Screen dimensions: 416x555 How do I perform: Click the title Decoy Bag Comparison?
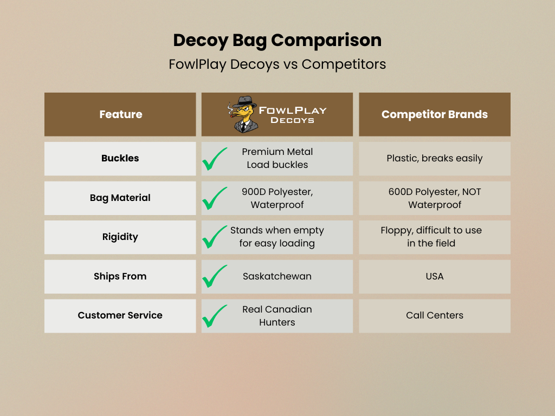pos(277,40)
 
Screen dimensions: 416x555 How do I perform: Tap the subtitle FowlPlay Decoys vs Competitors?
pos(277,64)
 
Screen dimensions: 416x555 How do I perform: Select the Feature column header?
pos(120,114)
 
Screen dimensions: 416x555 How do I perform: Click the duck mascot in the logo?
pos(242,114)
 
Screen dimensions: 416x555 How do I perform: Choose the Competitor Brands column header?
pos(434,114)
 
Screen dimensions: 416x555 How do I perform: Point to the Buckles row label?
pos(120,158)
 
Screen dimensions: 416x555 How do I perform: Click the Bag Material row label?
pos(120,198)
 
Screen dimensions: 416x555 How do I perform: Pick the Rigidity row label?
pos(120,237)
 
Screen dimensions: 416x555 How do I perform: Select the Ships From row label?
pos(120,276)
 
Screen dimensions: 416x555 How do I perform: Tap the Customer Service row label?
pos(120,315)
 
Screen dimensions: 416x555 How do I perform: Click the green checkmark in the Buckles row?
pos(215,159)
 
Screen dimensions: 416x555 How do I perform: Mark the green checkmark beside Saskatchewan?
pos(215,277)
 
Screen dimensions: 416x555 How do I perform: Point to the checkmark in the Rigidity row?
pos(215,237)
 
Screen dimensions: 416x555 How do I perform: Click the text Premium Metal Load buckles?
pos(277,158)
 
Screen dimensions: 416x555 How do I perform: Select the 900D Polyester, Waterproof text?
pos(277,198)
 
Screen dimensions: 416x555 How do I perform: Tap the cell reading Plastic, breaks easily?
pos(434,158)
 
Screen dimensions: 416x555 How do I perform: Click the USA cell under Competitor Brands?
pos(434,276)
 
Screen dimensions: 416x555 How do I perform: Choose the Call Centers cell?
pos(434,315)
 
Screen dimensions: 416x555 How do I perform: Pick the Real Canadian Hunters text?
pos(277,316)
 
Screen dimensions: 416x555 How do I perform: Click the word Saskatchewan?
pos(277,276)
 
